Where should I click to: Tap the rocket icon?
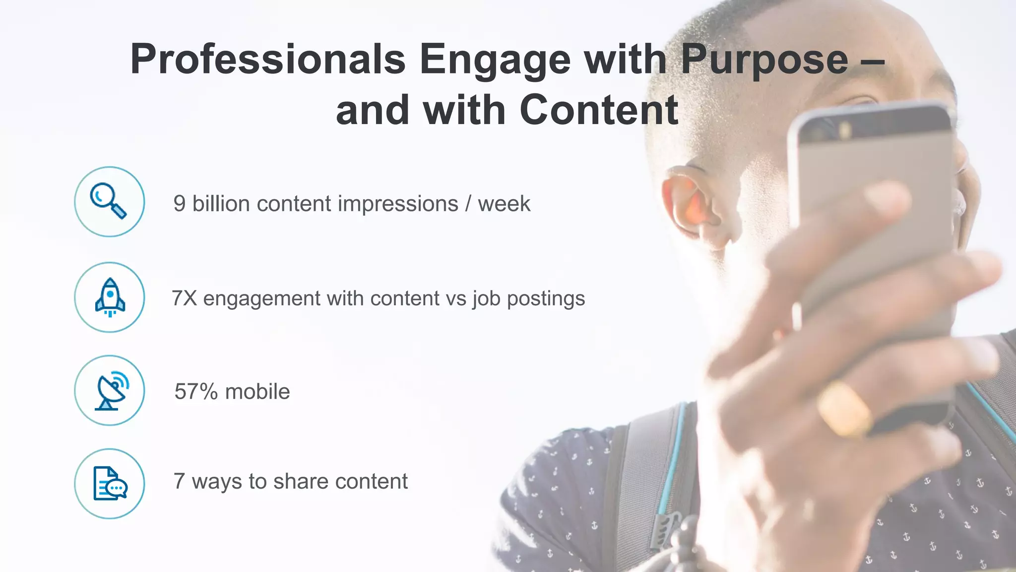coord(110,297)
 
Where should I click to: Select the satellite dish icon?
coord(110,390)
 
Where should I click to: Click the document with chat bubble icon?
coord(110,484)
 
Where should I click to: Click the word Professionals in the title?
coord(268,60)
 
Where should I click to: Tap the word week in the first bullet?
coord(504,204)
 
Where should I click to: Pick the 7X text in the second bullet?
coord(184,298)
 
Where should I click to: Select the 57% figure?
coord(196,392)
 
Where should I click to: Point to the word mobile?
coord(257,392)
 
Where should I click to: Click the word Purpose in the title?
coord(764,60)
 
